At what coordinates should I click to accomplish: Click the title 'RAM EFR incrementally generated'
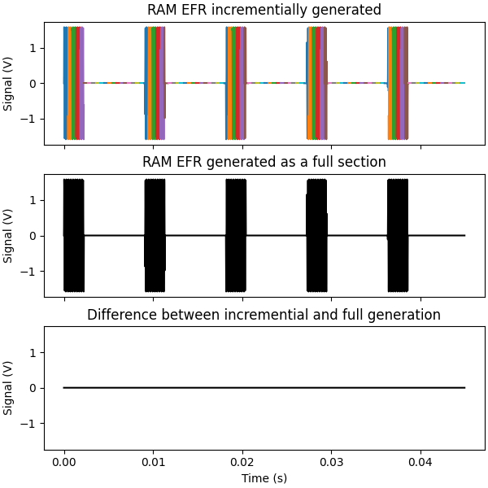[x=264, y=11]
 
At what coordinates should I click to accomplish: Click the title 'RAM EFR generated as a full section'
[x=264, y=163]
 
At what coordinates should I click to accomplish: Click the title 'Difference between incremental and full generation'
[x=264, y=315]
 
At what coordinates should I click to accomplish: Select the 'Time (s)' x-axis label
[x=264, y=478]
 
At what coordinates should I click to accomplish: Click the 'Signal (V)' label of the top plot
[x=9, y=83]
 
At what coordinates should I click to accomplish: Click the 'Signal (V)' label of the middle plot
[x=9, y=236]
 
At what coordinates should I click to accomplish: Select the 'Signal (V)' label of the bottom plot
[x=9, y=388]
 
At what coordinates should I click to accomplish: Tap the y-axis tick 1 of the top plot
[x=33, y=47]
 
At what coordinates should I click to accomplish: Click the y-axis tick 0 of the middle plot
[x=33, y=236]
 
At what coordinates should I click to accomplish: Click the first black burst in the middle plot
[x=74, y=236]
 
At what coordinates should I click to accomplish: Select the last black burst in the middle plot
[x=398, y=236]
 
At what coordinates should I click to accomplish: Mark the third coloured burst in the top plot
[x=236, y=83]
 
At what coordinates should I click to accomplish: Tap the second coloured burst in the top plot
[x=155, y=83]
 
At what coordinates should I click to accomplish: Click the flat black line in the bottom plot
[x=264, y=388]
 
